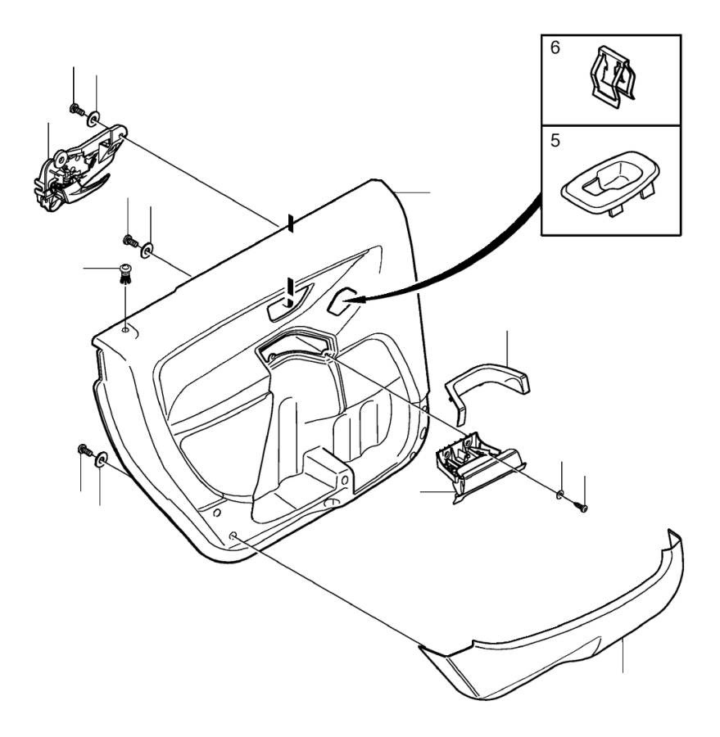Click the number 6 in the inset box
[555, 48]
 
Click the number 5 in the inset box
[555, 141]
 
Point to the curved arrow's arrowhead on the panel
[354, 303]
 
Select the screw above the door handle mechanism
[75, 109]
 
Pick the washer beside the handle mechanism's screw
[97, 120]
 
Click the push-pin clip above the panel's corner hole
[125, 272]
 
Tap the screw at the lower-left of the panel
[83, 449]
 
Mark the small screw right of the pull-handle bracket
[583, 508]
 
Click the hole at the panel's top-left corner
[125, 330]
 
